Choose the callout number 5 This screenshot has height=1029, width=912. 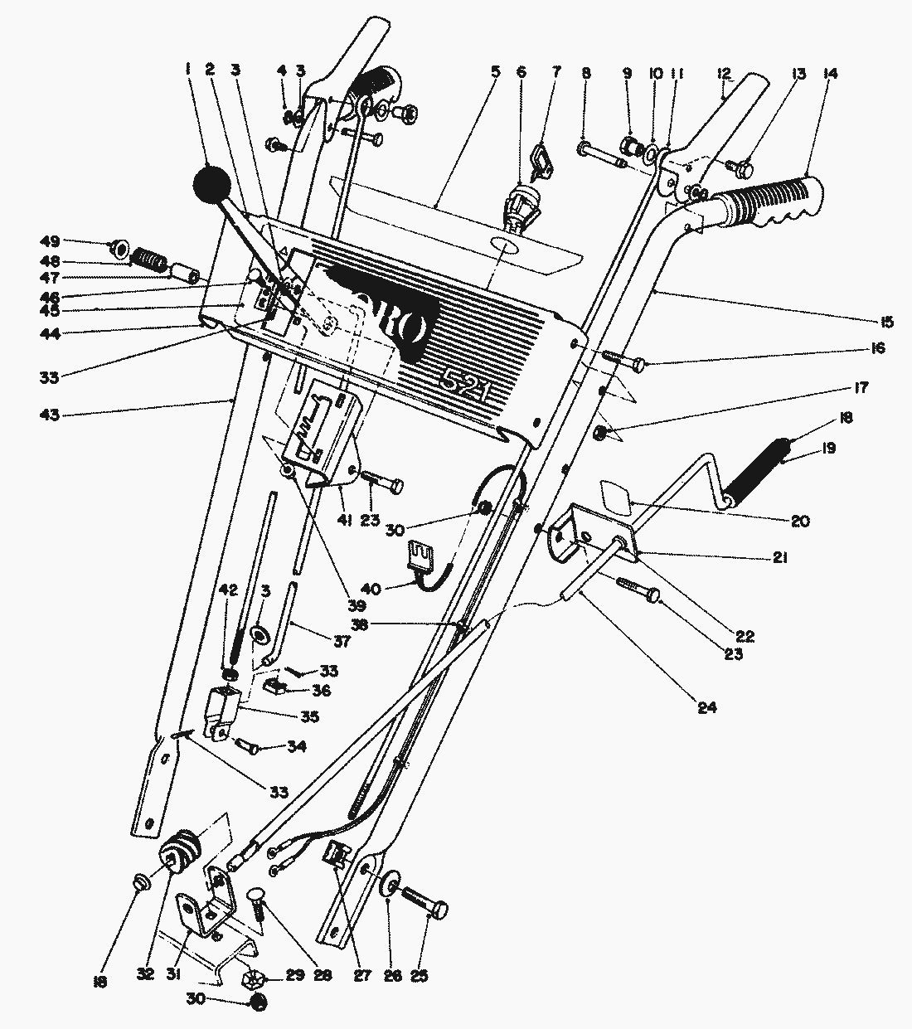coord(495,72)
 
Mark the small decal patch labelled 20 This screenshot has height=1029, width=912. coord(614,497)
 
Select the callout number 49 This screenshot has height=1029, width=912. coord(51,242)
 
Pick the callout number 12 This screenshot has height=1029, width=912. coord(724,74)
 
